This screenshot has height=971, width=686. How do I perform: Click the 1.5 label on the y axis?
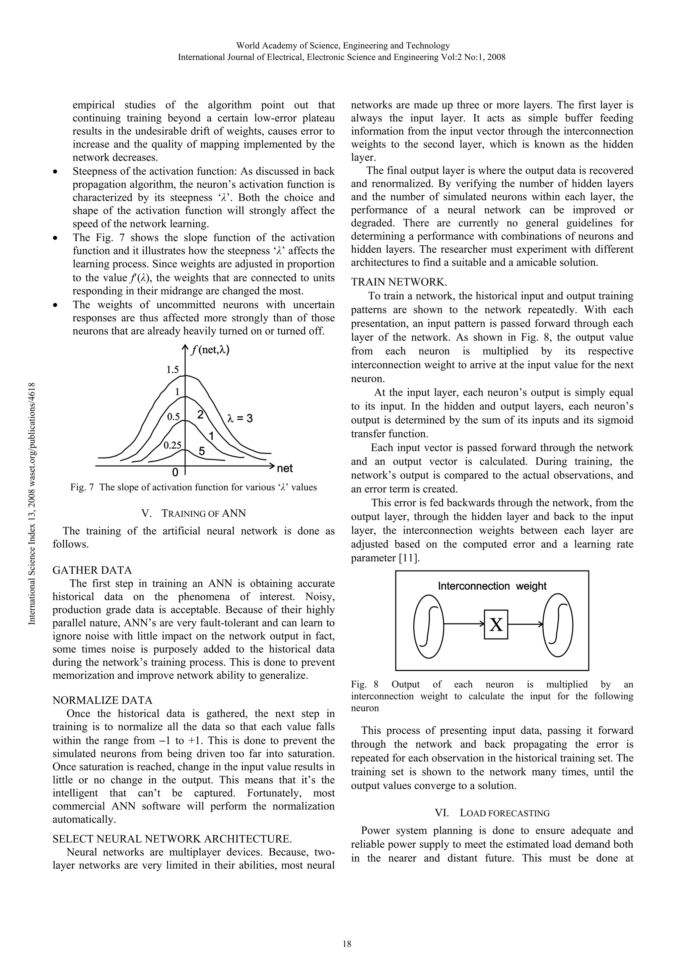tap(172, 370)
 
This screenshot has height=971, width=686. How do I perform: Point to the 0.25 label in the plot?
tap(172, 445)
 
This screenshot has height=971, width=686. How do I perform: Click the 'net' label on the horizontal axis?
tap(284, 469)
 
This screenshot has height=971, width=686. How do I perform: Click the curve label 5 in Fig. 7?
tap(202, 451)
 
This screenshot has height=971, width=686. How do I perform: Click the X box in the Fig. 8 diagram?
tap(496, 624)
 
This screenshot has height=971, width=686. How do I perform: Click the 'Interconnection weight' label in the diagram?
tap(492, 586)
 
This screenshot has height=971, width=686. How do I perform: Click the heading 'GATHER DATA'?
tap(92, 570)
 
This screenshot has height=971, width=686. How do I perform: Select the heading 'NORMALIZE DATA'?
tap(102, 700)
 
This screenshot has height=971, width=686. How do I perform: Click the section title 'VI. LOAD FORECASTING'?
tap(492, 813)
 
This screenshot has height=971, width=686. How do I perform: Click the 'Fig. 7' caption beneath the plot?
tap(193, 487)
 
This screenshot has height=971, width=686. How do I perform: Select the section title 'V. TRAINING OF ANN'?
tap(194, 513)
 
